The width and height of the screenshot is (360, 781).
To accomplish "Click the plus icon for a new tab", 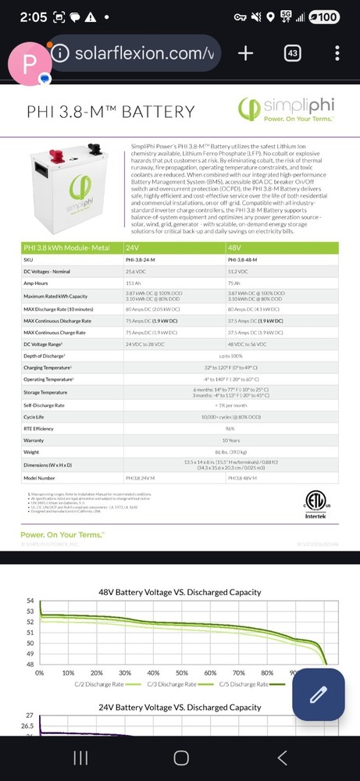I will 245,53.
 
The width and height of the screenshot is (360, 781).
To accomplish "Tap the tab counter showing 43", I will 293,53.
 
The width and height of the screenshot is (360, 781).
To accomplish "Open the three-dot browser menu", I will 337,53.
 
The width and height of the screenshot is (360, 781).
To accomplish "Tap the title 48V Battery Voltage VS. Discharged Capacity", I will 180,592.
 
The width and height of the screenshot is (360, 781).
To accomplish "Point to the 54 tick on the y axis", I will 30,601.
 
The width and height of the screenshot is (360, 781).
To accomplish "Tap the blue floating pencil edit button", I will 318,695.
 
